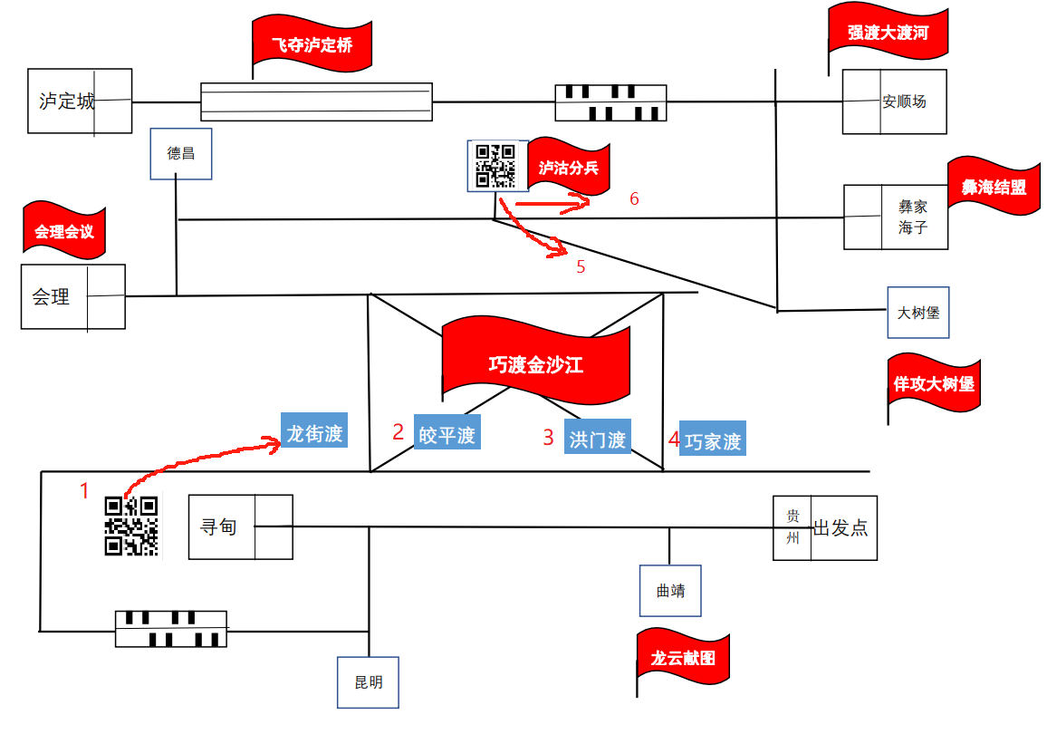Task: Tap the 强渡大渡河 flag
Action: pyautogui.click(x=888, y=33)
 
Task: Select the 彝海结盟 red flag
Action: pyautogui.click(x=994, y=188)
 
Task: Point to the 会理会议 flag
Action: pyautogui.click(x=63, y=231)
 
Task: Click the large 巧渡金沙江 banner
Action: pyautogui.click(x=535, y=364)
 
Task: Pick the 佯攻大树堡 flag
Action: pyautogui.click(x=934, y=384)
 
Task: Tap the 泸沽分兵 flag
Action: pyautogui.click(x=568, y=169)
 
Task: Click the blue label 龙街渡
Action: pyautogui.click(x=315, y=434)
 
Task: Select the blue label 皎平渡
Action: pyautogui.click(x=447, y=435)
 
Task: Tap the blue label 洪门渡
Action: pyautogui.click(x=598, y=439)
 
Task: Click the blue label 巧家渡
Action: pyautogui.click(x=713, y=441)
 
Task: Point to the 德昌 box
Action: pyautogui.click(x=181, y=153)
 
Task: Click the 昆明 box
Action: pyautogui.click(x=368, y=681)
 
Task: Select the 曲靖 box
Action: pyautogui.click(x=670, y=591)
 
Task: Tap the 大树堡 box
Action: pyautogui.click(x=918, y=313)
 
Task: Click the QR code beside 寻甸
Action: pyautogui.click(x=131, y=526)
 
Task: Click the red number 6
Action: pyautogui.click(x=634, y=198)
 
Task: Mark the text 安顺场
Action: pyautogui.click(x=904, y=101)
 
